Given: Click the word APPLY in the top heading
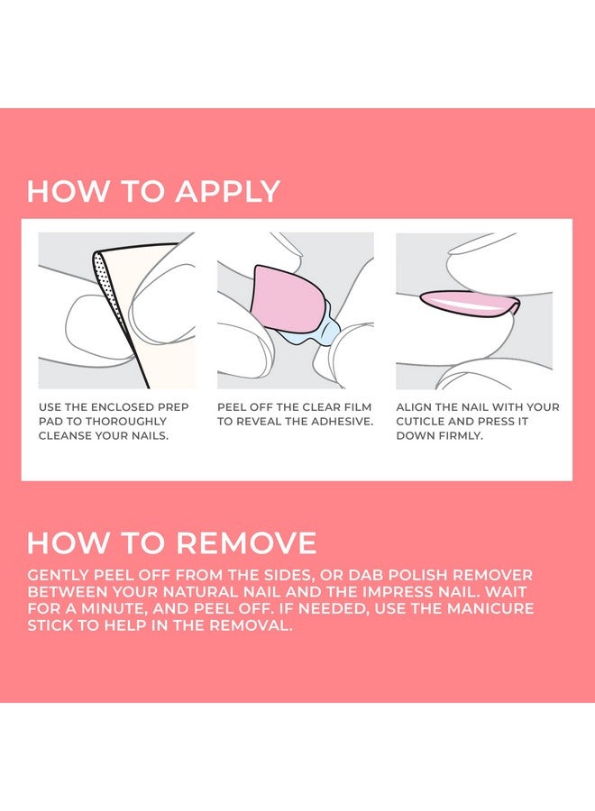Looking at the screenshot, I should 227,192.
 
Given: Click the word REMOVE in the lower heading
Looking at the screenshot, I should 247,542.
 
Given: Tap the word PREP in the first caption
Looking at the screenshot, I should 171,407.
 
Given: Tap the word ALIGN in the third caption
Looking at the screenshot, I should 416,407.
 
